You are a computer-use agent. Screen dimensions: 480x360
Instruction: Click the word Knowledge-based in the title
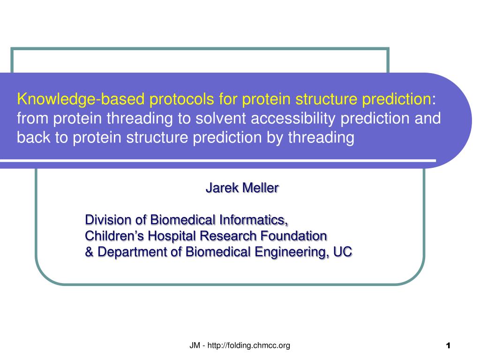[81, 99]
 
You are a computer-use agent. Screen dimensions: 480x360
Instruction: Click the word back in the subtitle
[33, 137]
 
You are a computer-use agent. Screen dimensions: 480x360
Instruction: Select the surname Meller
[261, 187]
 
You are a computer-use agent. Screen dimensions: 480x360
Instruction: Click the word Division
[108, 220]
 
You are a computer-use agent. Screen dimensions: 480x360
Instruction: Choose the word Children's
[114, 236]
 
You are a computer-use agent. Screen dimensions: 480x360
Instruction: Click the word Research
[228, 236]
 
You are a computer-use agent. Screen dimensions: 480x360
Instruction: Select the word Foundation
[294, 236]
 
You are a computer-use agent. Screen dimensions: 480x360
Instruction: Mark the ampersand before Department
[90, 252]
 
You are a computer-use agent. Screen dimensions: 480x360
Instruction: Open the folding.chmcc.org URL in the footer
[248, 345]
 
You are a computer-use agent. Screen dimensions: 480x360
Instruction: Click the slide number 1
[448, 345]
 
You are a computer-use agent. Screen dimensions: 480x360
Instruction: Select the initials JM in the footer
[195, 345]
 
